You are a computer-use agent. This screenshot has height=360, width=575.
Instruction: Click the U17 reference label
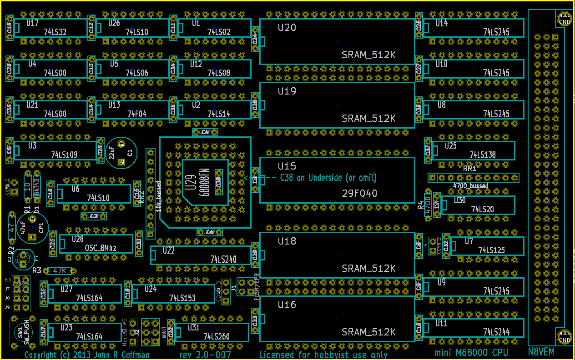(32, 23)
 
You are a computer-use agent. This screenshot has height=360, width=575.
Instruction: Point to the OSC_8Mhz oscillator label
(101, 248)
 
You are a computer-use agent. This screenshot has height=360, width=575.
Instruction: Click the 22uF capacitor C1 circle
(120, 152)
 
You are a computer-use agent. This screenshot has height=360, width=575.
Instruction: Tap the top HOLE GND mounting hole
(564, 19)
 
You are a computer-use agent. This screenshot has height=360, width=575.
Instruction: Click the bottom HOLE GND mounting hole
(564, 337)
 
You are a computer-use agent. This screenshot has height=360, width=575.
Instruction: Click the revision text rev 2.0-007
(205, 355)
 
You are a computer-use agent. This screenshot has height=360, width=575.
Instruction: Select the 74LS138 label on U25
(482, 155)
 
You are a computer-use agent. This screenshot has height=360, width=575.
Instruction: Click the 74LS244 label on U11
(496, 332)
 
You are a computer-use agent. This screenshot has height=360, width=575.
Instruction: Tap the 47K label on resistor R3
(60, 270)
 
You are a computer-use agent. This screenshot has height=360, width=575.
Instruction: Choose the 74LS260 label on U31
(216, 337)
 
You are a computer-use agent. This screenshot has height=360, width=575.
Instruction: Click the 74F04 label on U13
(136, 114)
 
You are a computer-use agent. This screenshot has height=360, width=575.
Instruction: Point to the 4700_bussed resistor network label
(471, 185)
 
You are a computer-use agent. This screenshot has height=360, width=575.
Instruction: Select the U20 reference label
(287, 28)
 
